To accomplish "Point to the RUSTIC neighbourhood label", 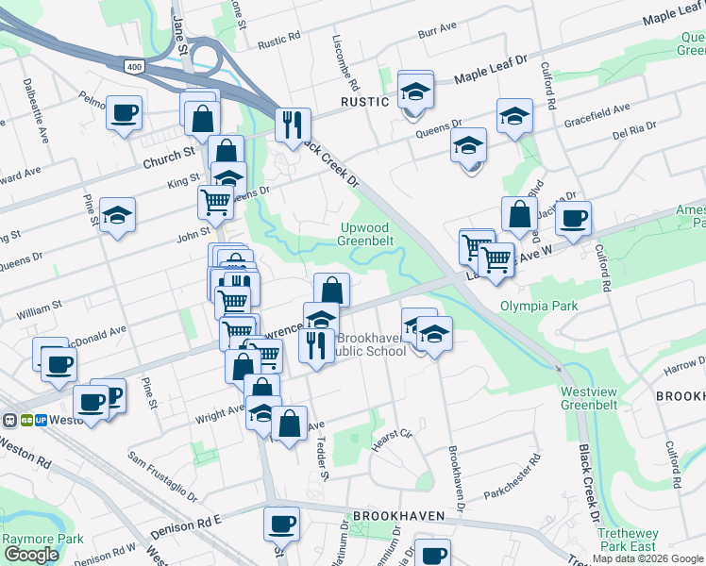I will point(365,101).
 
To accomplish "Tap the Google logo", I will point(31,555).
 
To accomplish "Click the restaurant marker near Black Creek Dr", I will point(293,125).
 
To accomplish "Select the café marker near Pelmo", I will point(124,113).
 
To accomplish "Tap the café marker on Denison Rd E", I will point(280,523).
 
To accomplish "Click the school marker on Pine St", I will point(117,215).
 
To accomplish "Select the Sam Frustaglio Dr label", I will point(162,480).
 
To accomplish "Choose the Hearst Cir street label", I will point(393,436).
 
